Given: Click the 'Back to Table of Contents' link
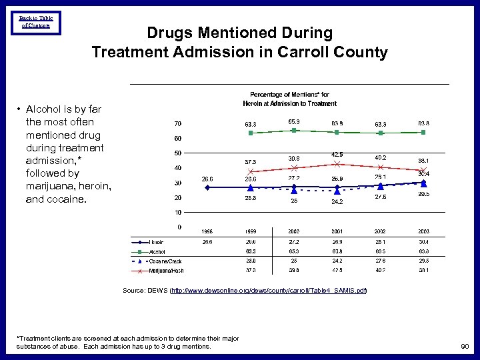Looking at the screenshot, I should tap(36, 22).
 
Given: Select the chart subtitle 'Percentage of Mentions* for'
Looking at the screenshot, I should tap(289, 95).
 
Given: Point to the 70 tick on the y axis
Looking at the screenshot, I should tap(178, 124).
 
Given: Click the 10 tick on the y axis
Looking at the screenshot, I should tap(178, 212).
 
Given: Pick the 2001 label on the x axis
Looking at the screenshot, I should tap(337, 231).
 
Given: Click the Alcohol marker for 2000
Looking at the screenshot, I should tap(294, 131).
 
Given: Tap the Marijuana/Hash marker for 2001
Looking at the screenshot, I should tap(337, 163).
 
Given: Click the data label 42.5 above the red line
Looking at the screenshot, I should tap(337, 155).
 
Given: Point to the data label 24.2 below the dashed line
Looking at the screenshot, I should tap(337, 201).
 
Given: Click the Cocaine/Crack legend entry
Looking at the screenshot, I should tap(164, 261).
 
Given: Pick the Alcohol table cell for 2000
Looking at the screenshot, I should tap(293, 252).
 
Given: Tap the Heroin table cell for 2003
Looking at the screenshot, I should tap(423, 242).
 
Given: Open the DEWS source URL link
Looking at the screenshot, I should tap(269, 291).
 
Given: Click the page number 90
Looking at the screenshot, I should tap(464, 347).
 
